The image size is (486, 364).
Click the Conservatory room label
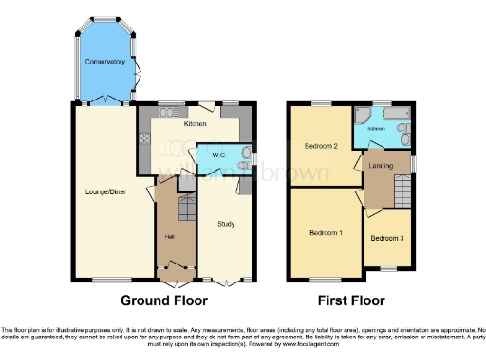tap(104, 62)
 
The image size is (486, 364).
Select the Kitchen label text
tap(196, 123)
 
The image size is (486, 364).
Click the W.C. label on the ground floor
tap(217, 155)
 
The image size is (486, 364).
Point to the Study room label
tap(226, 224)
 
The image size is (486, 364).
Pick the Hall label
tap(169, 236)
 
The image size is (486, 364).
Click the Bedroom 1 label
tap(327, 232)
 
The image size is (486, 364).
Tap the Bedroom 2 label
tap(322, 146)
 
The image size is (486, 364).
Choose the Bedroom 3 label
tap(385, 238)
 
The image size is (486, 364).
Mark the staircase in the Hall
tap(185, 208)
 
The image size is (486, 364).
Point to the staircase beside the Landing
tap(403, 197)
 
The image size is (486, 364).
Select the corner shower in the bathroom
tap(363, 118)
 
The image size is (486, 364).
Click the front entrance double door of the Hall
tap(174, 282)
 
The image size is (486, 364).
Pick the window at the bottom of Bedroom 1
tap(323, 279)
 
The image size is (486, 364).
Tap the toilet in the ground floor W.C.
tap(243, 168)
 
